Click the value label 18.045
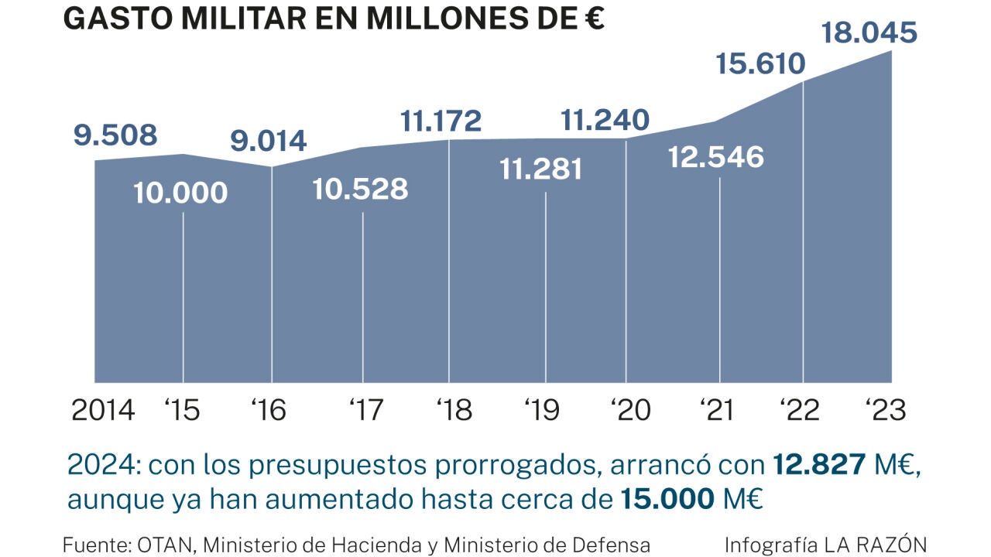tap(869, 33)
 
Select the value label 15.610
tap(760, 63)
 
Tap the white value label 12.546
tap(715, 157)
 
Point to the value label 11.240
tap(605, 121)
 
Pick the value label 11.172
tap(441, 121)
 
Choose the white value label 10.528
tap(360, 189)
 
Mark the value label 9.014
tap(269, 142)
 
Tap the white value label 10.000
tap(180, 193)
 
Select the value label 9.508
tap(115, 135)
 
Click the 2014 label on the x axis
tap(103, 410)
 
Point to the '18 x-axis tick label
tap(454, 410)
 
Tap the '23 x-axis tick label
tap(885, 410)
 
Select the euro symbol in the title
tap(594, 19)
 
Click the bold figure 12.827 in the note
tap(819, 465)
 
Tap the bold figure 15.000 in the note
tap(667, 500)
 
